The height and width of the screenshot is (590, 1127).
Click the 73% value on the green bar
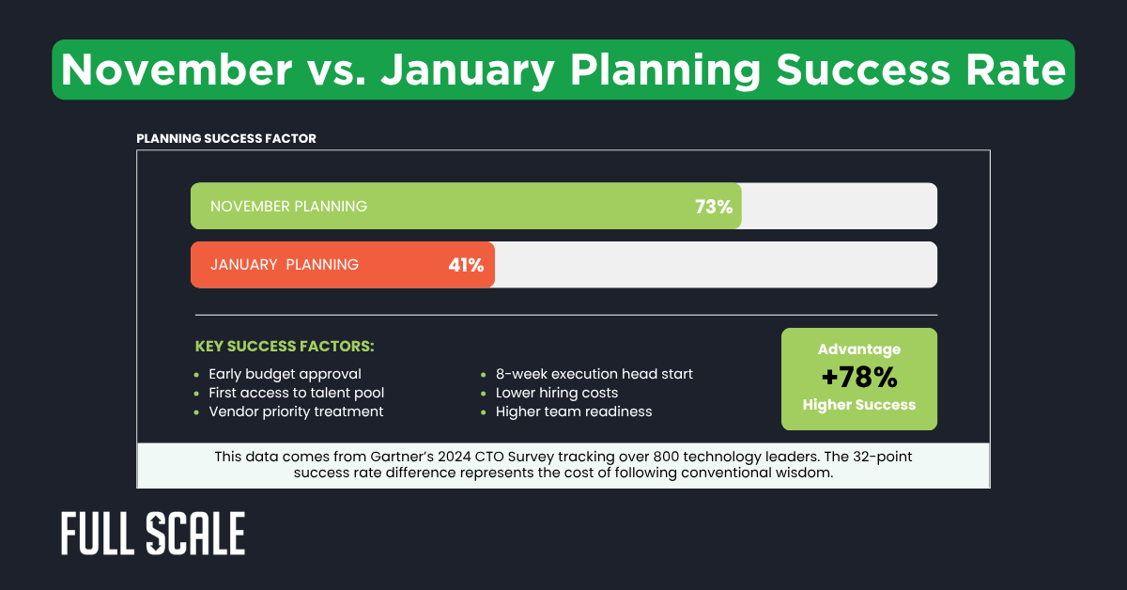pos(713,207)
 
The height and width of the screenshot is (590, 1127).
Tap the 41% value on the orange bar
pos(466,265)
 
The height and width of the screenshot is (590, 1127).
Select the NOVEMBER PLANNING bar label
pos(288,207)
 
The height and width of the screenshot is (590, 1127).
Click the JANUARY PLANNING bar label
pos(284,265)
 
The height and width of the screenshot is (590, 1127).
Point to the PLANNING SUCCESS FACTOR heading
pos(225,138)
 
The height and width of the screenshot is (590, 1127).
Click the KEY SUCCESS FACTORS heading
pos(284,347)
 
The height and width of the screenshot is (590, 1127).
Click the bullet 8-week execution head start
pos(594,374)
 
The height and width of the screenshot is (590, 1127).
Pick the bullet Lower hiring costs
pos(557,393)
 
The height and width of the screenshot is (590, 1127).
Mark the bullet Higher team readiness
pos(573,411)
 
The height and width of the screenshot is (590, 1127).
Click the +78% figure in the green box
pos(858,378)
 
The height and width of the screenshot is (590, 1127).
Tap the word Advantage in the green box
pos(858,349)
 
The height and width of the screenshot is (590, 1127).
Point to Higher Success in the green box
pos(858,405)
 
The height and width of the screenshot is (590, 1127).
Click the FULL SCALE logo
pos(153,535)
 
